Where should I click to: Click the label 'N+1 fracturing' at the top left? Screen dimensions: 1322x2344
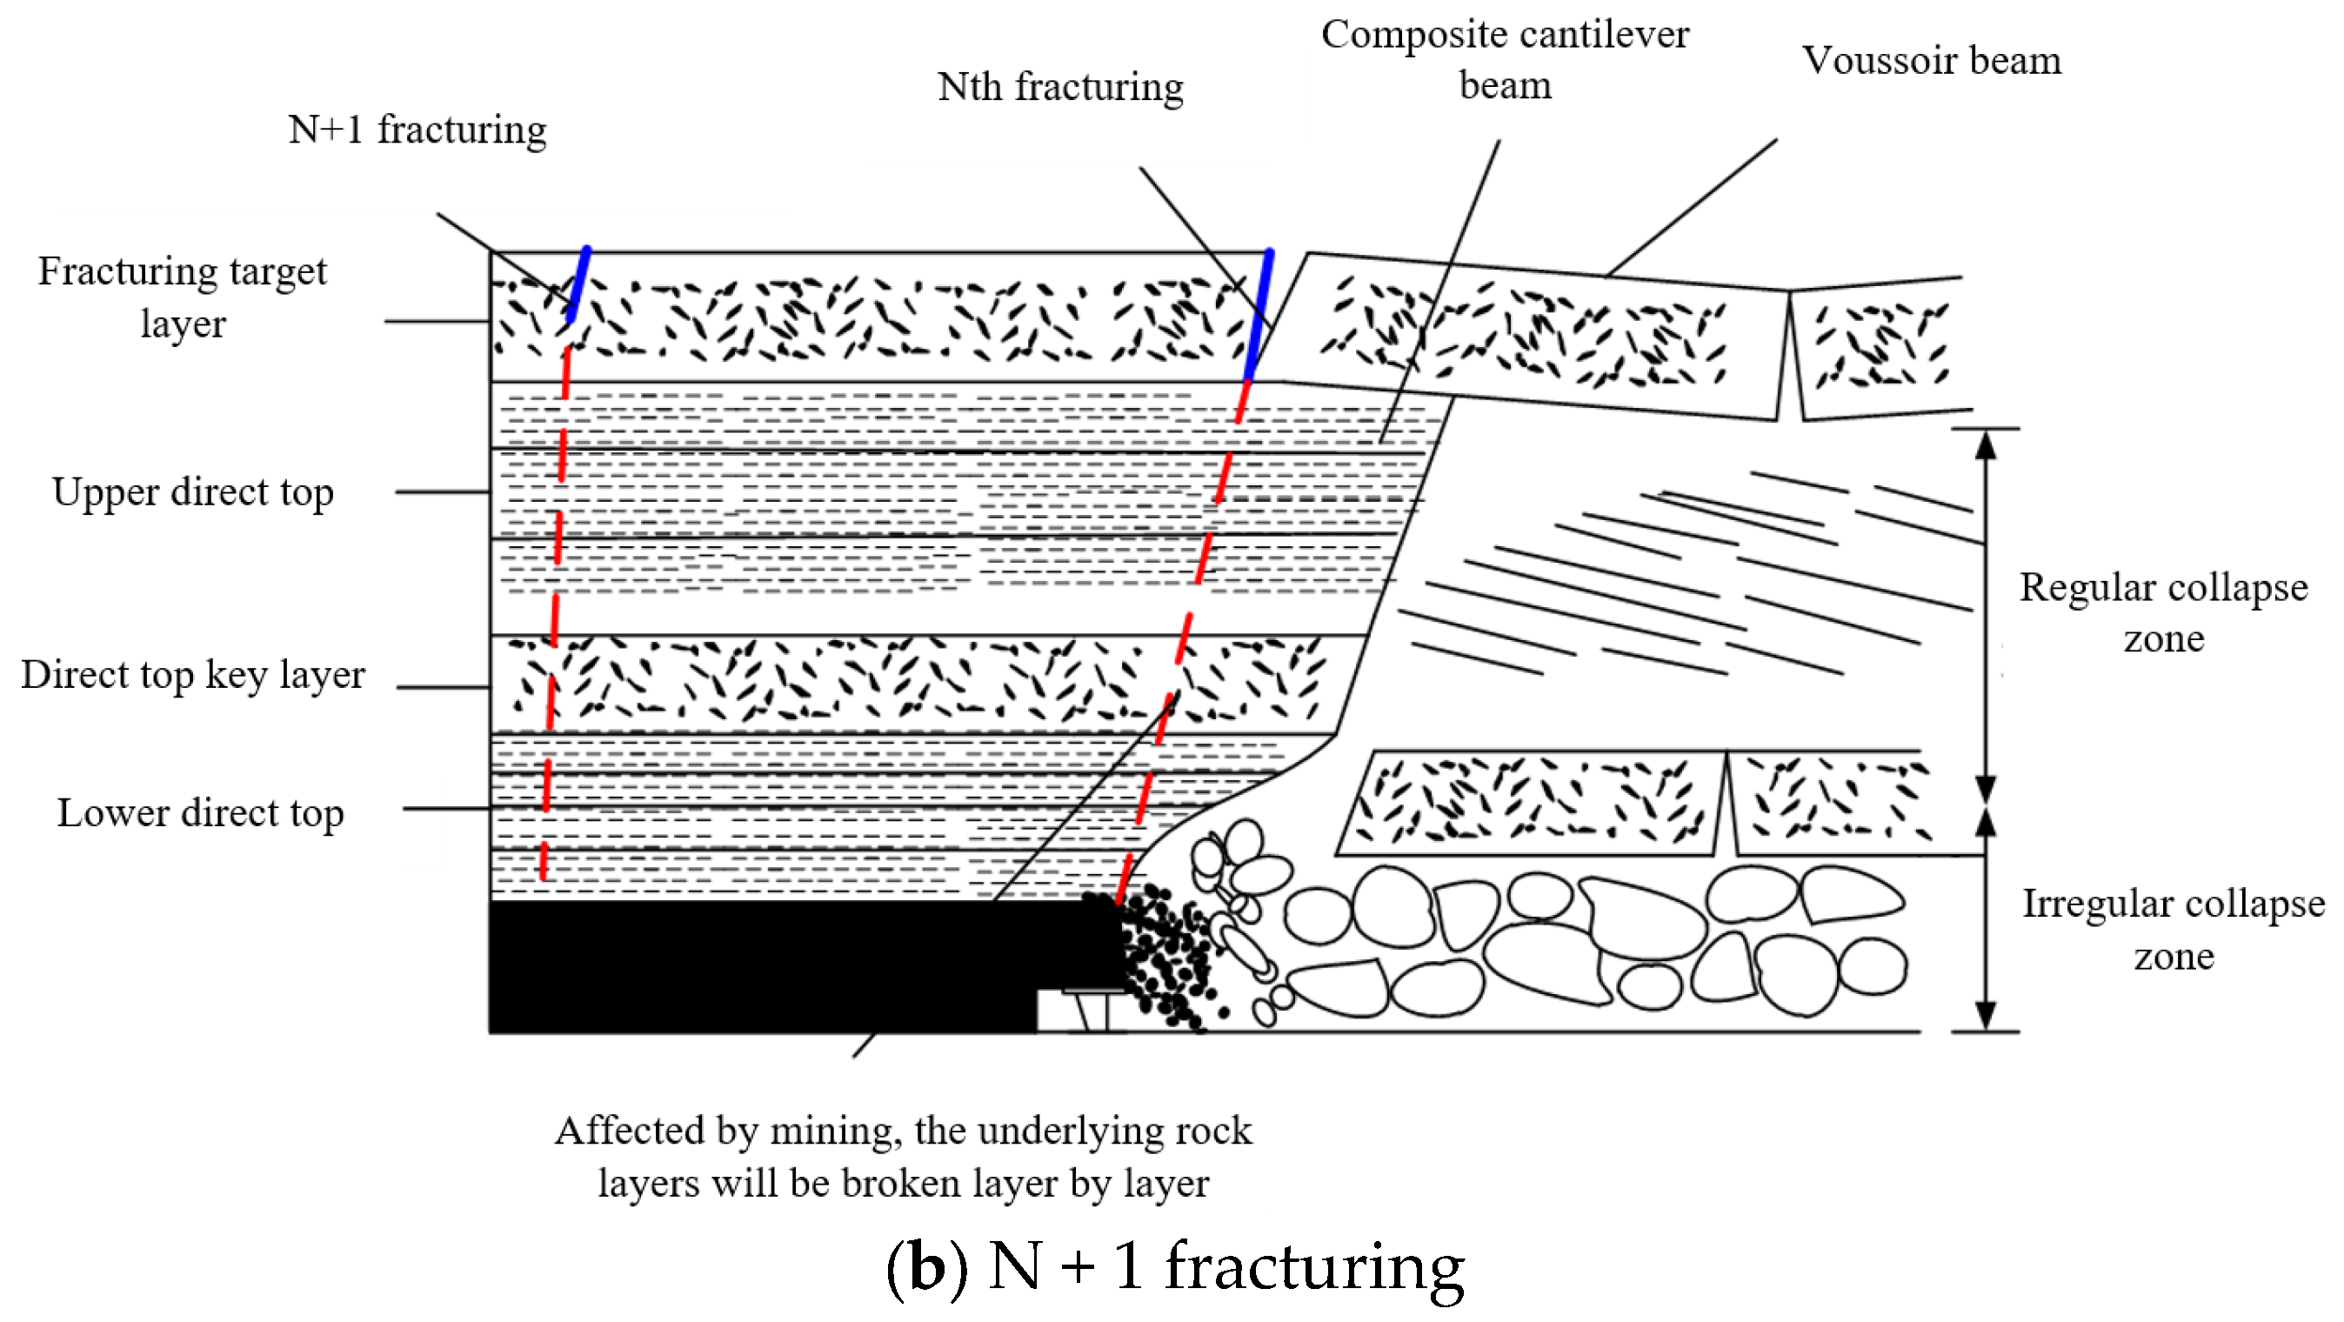pyautogui.click(x=417, y=130)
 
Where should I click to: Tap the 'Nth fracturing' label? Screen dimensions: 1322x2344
pyautogui.click(x=1060, y=87)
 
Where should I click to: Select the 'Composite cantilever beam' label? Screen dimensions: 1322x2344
pyautogui.click(x=1504, y=59)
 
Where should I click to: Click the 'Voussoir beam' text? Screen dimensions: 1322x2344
pyautogui.click(x=1931, y=61)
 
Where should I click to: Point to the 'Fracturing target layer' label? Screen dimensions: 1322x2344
pyautogui.click(x=182, y=297)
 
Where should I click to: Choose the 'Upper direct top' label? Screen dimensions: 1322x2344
pyautogui.click(x=193, y=492)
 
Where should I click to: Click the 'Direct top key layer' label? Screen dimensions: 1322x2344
pyautogui.click(x=193, y=675)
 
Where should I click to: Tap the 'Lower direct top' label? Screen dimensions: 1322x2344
pyautogui.click(x=200, y=812)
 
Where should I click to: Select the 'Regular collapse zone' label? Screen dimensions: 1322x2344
pyautogui.click(x=2163, y=612)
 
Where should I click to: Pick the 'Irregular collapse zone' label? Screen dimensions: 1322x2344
pyautogui.click(x=2172, y=929)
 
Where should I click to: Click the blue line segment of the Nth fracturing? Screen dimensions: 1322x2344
pyautogui.click(x=1260, y=314)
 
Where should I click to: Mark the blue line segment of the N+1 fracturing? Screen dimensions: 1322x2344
pyautogui.click(x=578, y=283)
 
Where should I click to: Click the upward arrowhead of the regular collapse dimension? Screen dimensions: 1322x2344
pyautogui.click(x=1986, y=445)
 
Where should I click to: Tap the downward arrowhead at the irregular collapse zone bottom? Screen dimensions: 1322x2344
pyautogui.click(x=1986, y=1014)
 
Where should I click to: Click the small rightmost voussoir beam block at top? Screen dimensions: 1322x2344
pyautogui.click(x=1878, y=348)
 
